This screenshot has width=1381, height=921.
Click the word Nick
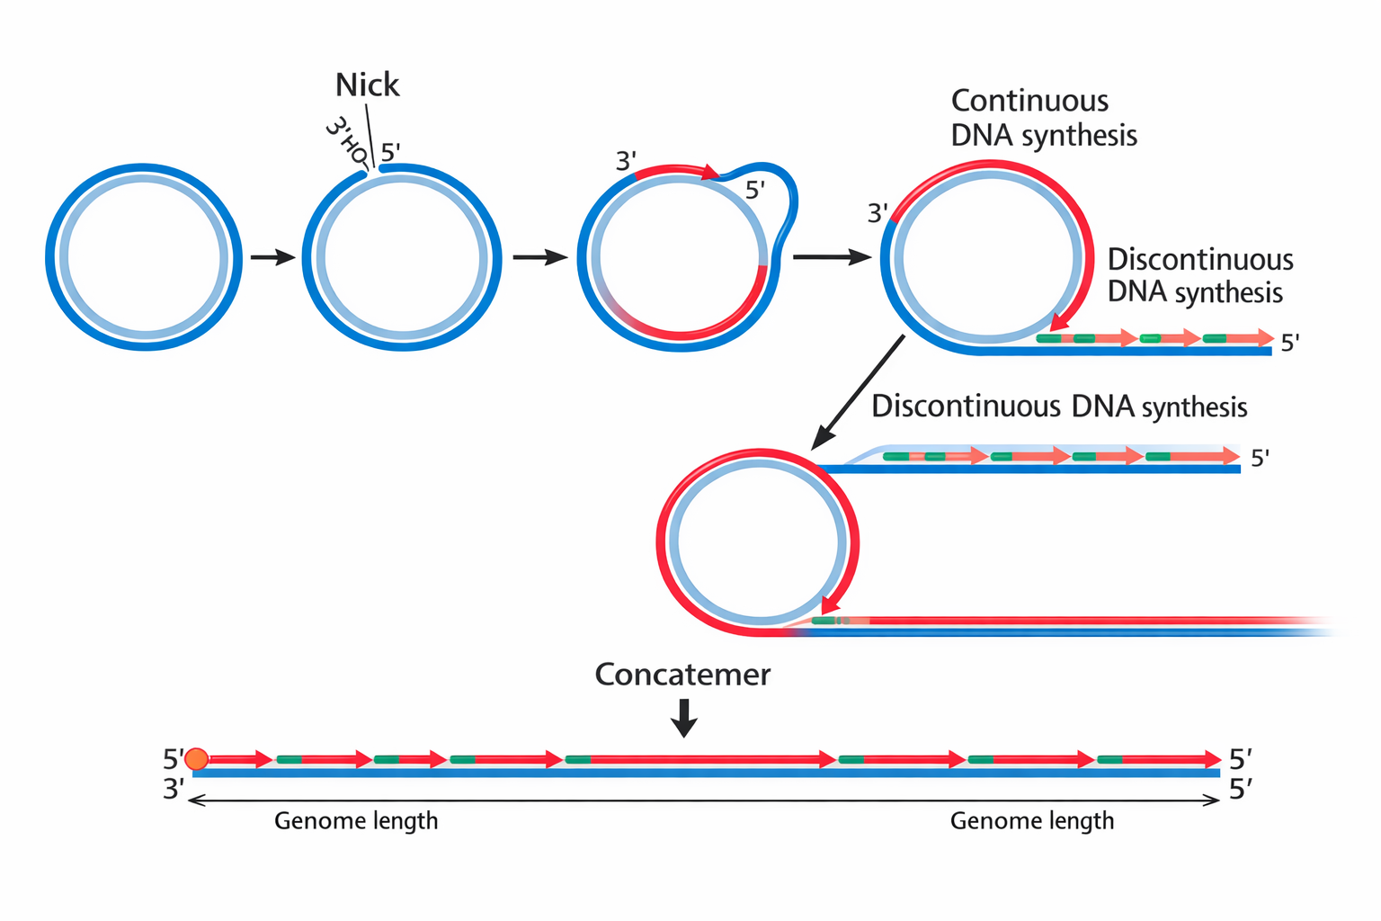click(367, 85)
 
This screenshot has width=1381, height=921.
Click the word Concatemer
click(682, 675)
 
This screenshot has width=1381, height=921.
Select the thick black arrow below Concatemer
click(684, 718)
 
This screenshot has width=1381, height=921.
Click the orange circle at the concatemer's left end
click(196, 759)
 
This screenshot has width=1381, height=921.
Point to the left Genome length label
click(356, 820)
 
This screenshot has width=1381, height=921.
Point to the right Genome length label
click(1032, 820)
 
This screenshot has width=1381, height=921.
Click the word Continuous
click(1029, 101)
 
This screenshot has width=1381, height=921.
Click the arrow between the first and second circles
click(272, 258)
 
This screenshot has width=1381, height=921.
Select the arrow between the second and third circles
click(539, 258)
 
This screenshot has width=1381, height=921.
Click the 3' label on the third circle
click(626, 161)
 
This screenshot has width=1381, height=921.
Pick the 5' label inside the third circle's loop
click(755, 190)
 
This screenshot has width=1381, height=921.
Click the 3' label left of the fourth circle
click(878, 213)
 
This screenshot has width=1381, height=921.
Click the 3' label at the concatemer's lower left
click(174, 789)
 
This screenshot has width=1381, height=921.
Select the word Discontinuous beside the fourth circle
click(1199, 260)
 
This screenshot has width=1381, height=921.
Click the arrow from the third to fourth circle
click(831, 258)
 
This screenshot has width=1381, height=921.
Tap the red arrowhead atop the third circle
click(711, 172)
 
